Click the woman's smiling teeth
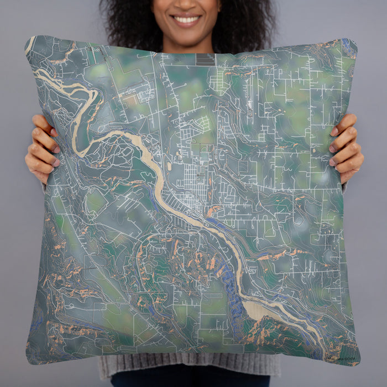pyautogui.click(x=187, y=20)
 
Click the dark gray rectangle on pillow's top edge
pyautogui.click(x=205, y=59)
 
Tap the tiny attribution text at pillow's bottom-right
pyautogui.click(x=338, y=358)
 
